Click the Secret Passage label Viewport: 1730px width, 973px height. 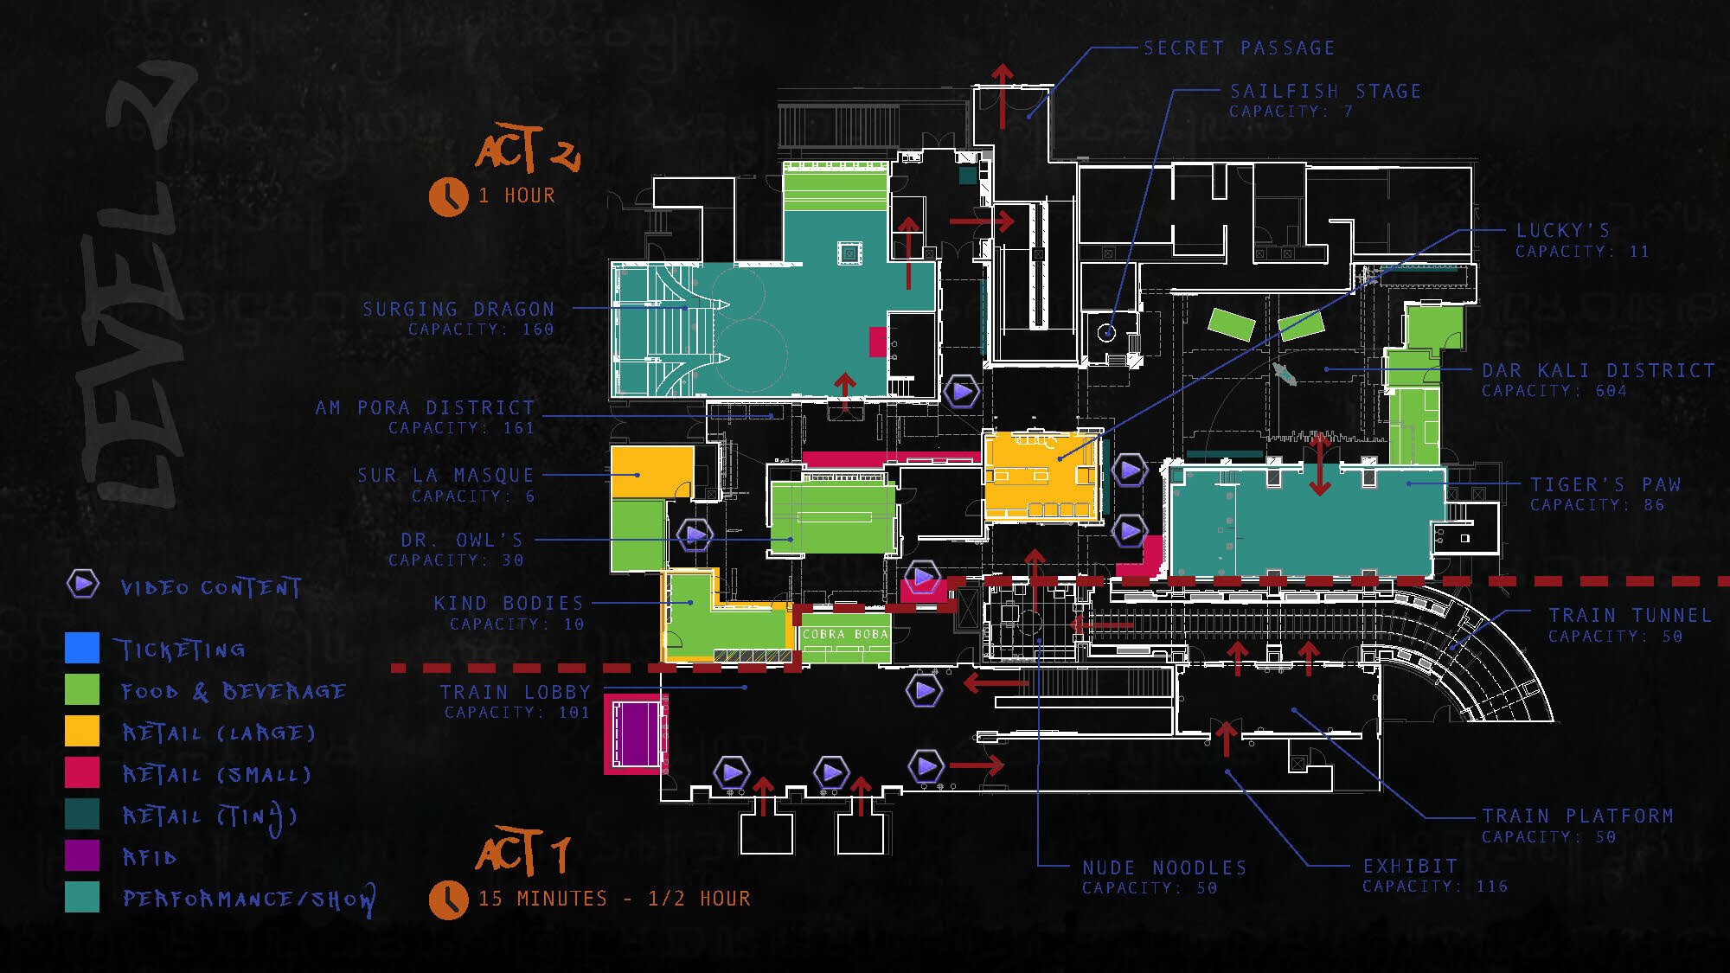(1239, 48)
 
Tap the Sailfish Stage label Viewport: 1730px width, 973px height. (1325, 92)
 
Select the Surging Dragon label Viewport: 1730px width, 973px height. (458, 309)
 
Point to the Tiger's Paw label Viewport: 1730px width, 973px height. (1605, 484)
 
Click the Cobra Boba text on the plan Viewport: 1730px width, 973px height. (845, 634)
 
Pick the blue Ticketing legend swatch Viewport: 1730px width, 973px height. (82, 648)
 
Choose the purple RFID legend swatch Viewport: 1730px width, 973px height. (82, 855)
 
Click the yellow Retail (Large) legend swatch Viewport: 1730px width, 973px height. (82, 731)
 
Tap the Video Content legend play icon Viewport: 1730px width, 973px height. (83, 584)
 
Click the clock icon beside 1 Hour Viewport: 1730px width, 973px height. (448, 196)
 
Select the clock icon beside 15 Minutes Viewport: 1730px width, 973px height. (448, 899)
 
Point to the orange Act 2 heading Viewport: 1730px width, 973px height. (527, 149)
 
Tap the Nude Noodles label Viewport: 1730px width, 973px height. (1164, 867)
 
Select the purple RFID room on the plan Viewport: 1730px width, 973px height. (636, 734)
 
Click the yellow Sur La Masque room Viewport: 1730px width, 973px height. (651, 471)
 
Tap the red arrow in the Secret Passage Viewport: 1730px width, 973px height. (1003, 93)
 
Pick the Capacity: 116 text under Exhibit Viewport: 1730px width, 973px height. (1435, 887)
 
